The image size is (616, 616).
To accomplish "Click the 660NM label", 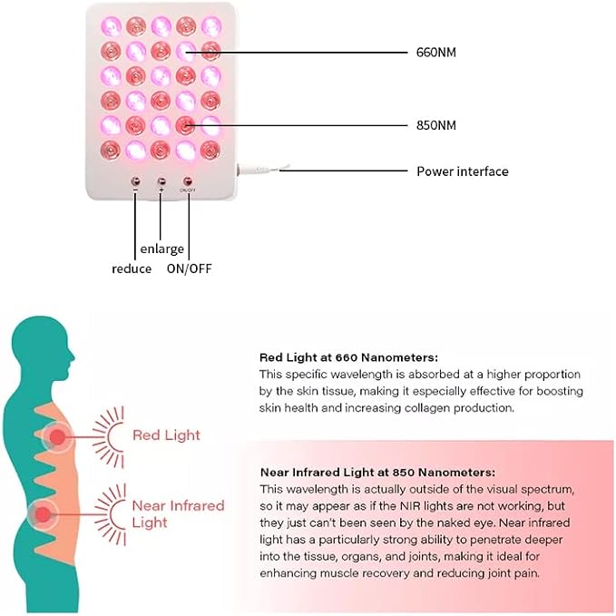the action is pyautogui.click(x=436, y=53).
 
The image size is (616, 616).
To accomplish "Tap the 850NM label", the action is pyautogui.click(x=436, y=125).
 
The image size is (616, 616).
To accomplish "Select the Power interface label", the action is pyautogui.click(x=463, y=171).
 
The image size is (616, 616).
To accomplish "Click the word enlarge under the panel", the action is pyautogui.click(x=161, y=249).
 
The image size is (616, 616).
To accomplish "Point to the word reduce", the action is pyautogui.click(x=132, y=269).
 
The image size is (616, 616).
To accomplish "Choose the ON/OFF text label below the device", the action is pyautogui.click(x=190, y=269).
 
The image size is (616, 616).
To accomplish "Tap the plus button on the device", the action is pyautogui.click(x=161, y=181).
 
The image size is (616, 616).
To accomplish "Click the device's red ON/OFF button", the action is pyautogui.click(x=188, y=181).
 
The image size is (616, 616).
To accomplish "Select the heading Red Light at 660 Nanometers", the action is pyautogui.click(x=348, y=357).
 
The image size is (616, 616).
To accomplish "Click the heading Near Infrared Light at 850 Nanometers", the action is pyautogui.click(x=377, y=473).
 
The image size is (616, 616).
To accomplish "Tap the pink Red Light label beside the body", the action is pyautogui.click(x=166, y=435).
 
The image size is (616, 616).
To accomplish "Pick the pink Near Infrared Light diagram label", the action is pyautogui.click(x=178, y=513).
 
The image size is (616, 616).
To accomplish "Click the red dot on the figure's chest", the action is pyautogui.click(x=57, y=437).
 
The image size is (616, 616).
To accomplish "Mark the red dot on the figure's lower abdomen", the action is pyautogui.click(x=44, y=514).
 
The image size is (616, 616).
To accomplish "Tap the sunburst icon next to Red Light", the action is pyautogui.click(x=109, y=437).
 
